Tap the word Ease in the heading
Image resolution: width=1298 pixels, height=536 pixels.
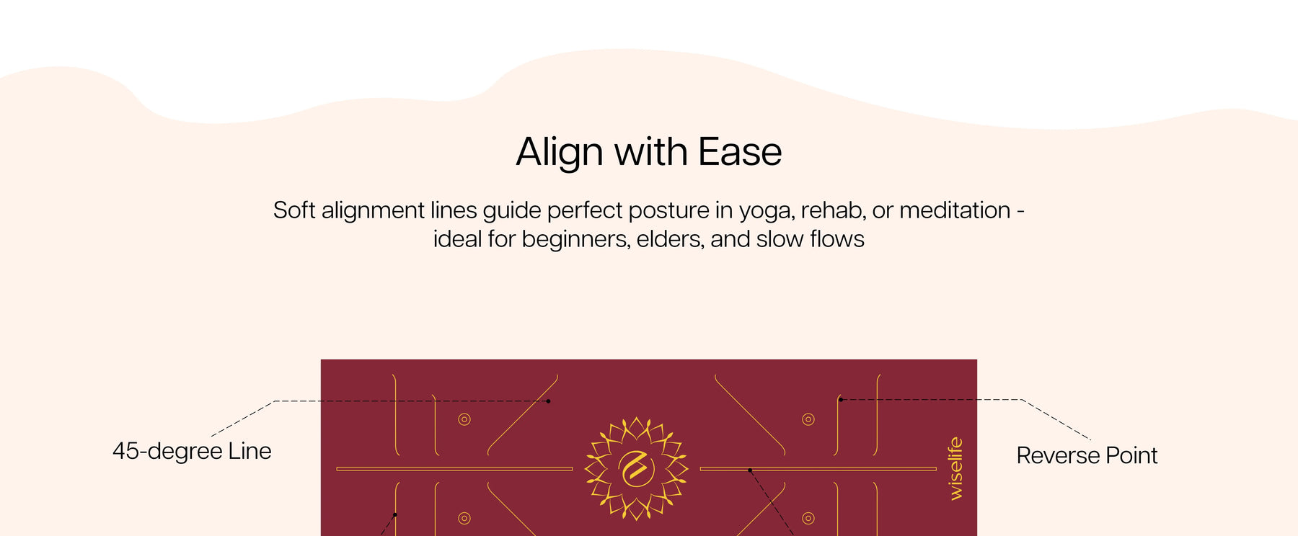click(740, 152)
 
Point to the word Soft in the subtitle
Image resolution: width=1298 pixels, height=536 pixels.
click(294, 210)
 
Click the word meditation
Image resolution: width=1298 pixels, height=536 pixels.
click(955, 210)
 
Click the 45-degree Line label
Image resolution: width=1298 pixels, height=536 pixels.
click(192, 452)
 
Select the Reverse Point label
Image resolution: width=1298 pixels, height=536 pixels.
click(1087, 455)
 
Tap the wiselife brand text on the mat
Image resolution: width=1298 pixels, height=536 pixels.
click(955, 468)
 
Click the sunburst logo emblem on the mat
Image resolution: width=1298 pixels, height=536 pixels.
click(636, 469)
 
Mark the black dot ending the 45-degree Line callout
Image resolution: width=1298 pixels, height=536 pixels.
click(548, 401)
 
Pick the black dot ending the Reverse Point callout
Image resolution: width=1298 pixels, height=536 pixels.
click(841, 400)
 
